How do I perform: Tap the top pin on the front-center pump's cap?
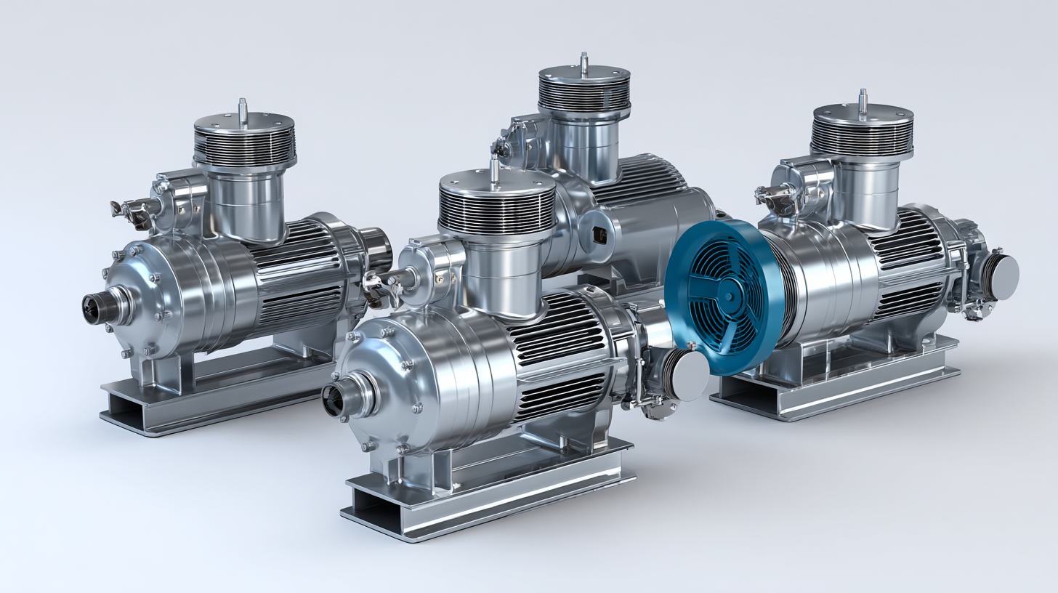[x=495, y=169]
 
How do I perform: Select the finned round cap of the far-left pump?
[x=245, y=142]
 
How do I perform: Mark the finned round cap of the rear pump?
[x=583, y=94]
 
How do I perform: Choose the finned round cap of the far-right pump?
[x=862, y=131]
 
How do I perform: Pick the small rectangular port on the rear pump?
[x=599, y=234]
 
